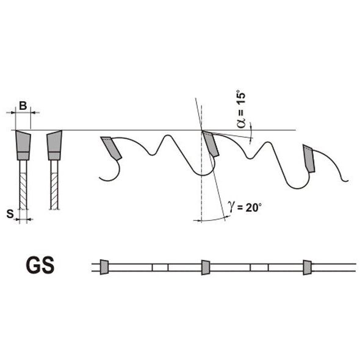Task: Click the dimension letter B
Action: [x=23, y=106]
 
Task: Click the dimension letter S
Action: [x=10, y=214]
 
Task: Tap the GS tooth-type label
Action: [x=40, y=265]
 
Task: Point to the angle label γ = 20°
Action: [x=245, y=207]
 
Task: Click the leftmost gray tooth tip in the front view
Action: [x=23, y=145]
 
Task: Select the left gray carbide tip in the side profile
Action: [x=111, y=148]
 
